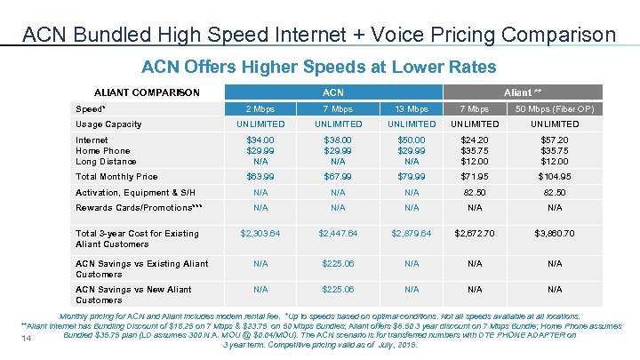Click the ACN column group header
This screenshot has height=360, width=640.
tap(333, 92)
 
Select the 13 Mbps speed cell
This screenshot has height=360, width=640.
tap(412, 108)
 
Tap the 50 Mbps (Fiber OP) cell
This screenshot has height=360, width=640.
tap(556, 108)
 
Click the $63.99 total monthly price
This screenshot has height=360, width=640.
tap(260, 177)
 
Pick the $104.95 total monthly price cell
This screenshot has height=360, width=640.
tap(556, 177)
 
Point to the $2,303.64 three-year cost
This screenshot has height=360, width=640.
tap(260, 234)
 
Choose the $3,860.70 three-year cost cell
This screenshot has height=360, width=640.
tap(556, 234)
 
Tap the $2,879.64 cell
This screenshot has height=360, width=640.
tap(412, 234)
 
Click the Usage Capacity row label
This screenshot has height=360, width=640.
tap(108, 124)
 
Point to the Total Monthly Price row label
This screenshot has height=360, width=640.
tap(116, 177)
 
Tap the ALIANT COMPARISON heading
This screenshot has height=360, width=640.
tap(147, 92)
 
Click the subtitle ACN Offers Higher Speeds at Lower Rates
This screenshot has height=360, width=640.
tap(319, 67)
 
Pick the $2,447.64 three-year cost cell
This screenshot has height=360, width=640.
tap(338, 234)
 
